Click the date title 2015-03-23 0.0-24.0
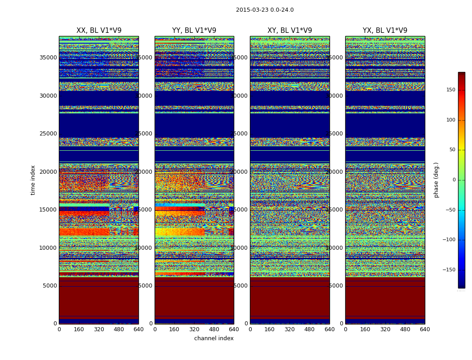click(x=265, y=10)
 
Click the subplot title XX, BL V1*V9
click(x=99, y=31)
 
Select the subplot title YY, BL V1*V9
click(x=194, y=31)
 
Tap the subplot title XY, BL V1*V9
click(x=289, y=31)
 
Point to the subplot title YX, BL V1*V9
click(x=385, y=31)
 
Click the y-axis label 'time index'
click(x=33, y=180)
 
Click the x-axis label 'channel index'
click(x=214, y=338)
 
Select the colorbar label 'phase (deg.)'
click(x=436, y=180)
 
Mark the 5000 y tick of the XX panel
click(x=50, y=286)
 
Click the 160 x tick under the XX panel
click(x=79, y=329)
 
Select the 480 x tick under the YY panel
click(x=214, y=329)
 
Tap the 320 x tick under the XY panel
click(x=289, y=329)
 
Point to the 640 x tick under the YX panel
click(x=425, y=329)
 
